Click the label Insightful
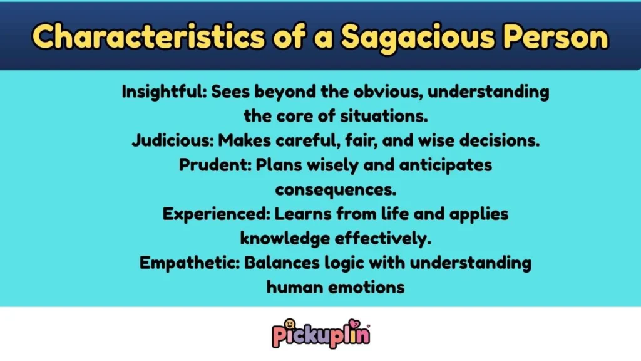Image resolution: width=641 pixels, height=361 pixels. [164, 92]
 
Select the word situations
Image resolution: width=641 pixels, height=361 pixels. [363, 117]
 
